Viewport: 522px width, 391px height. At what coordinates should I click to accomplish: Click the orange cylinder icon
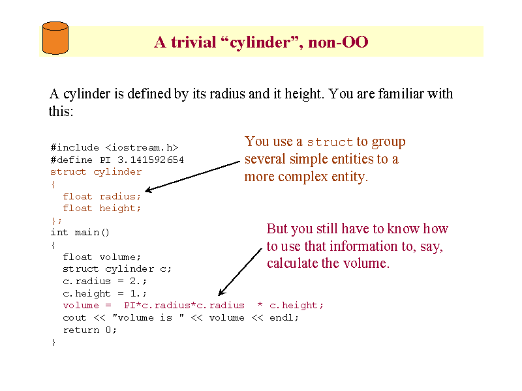55,38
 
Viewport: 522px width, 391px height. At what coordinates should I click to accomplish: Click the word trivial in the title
193,42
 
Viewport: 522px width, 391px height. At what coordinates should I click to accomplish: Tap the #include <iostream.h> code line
114,147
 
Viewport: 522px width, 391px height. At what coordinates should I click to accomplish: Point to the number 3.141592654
151,160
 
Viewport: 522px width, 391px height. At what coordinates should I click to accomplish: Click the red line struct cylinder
96,172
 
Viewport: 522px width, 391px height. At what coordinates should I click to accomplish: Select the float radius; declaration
102,197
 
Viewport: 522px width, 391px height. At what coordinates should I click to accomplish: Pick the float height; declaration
102,209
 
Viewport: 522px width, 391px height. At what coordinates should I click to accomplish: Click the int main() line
80,232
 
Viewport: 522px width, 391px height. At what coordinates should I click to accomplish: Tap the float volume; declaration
102,257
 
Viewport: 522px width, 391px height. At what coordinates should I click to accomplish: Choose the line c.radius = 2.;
104,282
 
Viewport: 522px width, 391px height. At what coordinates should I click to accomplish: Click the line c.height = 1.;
104,293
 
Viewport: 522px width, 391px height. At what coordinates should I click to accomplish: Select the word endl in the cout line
281,317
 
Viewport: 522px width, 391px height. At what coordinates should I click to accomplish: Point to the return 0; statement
89,330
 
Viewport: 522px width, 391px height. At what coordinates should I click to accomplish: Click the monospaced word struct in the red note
330,142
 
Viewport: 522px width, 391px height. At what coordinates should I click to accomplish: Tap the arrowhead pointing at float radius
149,190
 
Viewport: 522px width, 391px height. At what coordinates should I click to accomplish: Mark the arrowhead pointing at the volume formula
221,291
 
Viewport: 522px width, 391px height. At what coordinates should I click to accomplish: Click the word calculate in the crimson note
292,263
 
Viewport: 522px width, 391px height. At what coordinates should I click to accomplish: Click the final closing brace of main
54,342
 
